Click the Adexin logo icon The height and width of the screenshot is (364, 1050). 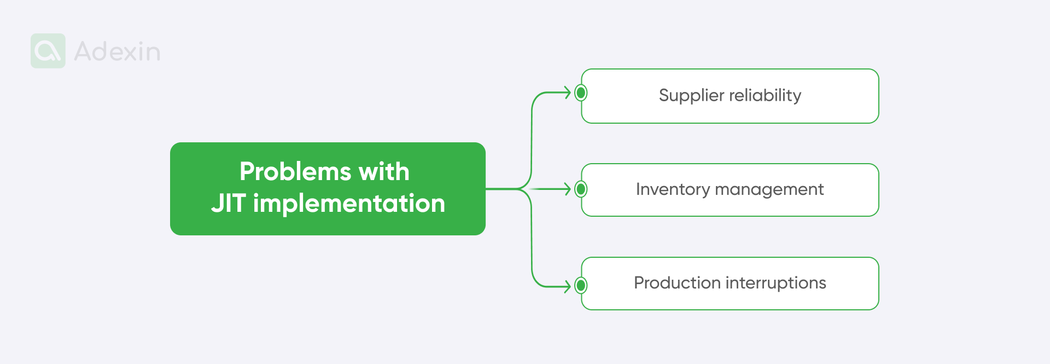click(x=48, y=51)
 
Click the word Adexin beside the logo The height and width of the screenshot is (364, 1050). click(x=117, y=51)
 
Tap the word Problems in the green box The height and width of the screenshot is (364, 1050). click(x=295, y=172)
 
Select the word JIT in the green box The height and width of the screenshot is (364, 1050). click(x=229, y=204)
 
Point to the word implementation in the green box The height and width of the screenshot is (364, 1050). click(x=349, y=204)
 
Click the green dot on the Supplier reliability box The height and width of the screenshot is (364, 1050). click(x=581, y=93)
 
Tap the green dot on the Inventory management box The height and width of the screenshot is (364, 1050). click(x=581, y=189)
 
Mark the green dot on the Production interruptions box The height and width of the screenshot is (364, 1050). click(x=581, y=285)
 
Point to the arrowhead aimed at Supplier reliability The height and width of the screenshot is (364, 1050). click(x=568, y=93)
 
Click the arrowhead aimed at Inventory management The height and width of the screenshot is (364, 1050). click(x=568, y=189)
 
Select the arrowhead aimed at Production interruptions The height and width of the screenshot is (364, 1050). click(x=568, y=286)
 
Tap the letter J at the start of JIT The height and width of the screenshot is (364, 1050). click(x=218, y=204)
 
